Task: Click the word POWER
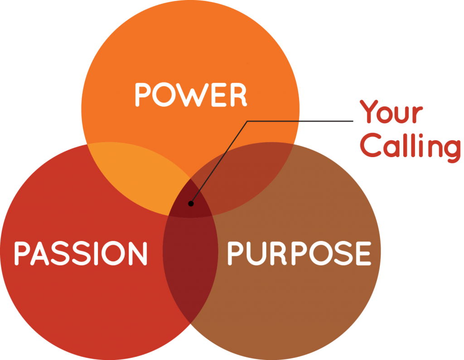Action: pyautogui.click(x=191, y=95)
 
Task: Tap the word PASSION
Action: pyautogui.click(x=81, y=253)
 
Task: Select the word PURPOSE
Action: pyautogui.click(x=299, y=253)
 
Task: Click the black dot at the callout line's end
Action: pyautogui.click(x=191, y=203)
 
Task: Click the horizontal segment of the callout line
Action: pyautogui.click(x=299, y=121)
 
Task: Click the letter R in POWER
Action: pyautogui.click(x=238, y=95)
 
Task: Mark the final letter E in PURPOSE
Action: pyautogui.click(x=363, y=253)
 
